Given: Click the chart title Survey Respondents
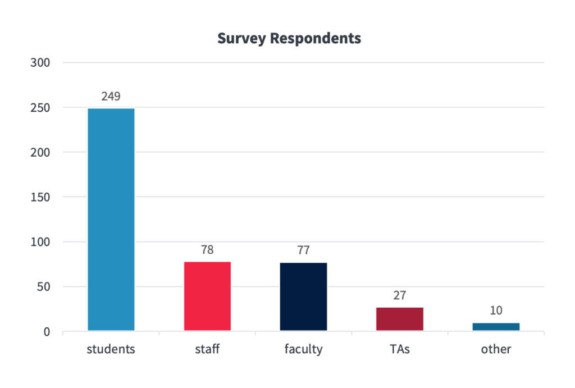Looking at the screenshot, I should pos(289,39).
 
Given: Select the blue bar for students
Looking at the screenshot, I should pos(111,219).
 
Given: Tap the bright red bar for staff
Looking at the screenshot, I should pos(207,296).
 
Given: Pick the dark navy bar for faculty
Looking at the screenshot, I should pos(303,296).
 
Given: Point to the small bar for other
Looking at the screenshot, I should pos(496,327).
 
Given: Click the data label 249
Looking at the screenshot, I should pos(111,96).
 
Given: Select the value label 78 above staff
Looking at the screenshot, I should pos(207,250).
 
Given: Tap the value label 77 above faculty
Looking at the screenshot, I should pos(303,250).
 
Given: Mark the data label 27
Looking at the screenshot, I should pos(400,295).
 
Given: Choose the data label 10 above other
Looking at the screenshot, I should pos(496,311).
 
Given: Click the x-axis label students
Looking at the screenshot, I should pos(111,349).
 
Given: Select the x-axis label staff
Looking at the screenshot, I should pos(207,349).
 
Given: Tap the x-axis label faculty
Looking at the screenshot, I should pos(303,349).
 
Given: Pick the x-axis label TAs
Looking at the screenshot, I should pos(400,349).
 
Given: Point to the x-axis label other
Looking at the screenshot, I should pos(496,349).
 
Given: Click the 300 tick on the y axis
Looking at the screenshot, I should pos(40,62).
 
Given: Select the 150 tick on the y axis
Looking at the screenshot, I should pos(40,197).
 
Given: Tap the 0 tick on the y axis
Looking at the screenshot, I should pos(47,332).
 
